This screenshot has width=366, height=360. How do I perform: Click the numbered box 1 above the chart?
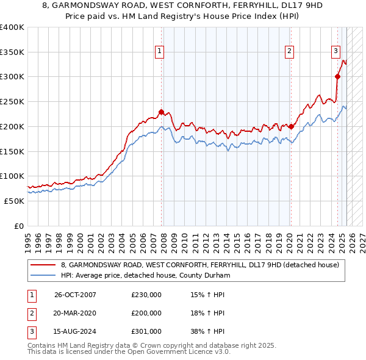[x=159, y=52]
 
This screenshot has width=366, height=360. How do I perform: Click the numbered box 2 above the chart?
[x=289, y=52]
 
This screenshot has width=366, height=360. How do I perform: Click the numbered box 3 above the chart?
[x=335, y=52]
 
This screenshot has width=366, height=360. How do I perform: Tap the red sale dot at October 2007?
[x=162, y=112]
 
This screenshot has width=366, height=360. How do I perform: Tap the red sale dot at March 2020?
[x=291, y=127]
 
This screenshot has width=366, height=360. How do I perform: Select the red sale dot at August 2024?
[x=337, y=76]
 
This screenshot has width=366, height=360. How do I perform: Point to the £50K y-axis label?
[x=14, y=201]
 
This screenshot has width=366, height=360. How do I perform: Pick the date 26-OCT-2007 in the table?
[x=75, y=295]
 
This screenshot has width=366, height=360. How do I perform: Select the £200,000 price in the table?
[x=146, y=313]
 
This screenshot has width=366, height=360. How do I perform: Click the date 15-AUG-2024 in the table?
[x=75, y=331]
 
